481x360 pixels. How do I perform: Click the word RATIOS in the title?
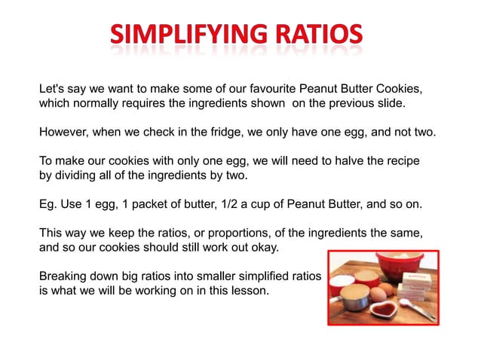[309, 34]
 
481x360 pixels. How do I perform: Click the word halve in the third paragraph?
[357, 162]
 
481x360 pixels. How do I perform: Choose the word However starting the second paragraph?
[66, 133]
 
